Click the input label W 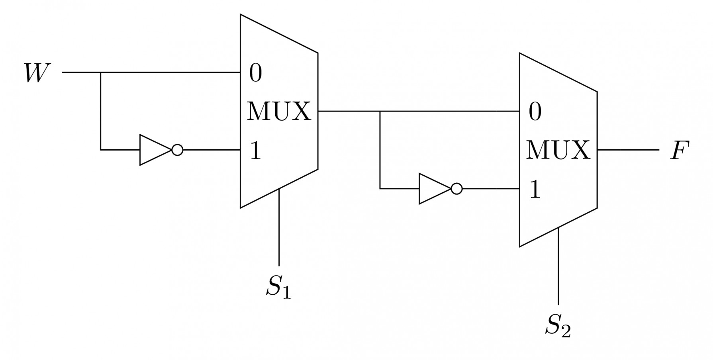(37, 73)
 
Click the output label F (679, 151)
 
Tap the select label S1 (278, 287)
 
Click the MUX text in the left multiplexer (278, 112)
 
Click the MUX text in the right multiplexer (558, 151)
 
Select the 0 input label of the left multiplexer (256, 73)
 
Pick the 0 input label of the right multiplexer (535, 112)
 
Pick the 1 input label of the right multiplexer (535, 190)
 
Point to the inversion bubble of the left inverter (178, 150)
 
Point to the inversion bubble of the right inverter (457, 189)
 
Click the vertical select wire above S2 (558, 267)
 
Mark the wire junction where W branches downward (100, 73)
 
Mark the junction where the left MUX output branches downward (380, 112)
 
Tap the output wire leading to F (627, 150)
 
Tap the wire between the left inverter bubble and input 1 (211, 150)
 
